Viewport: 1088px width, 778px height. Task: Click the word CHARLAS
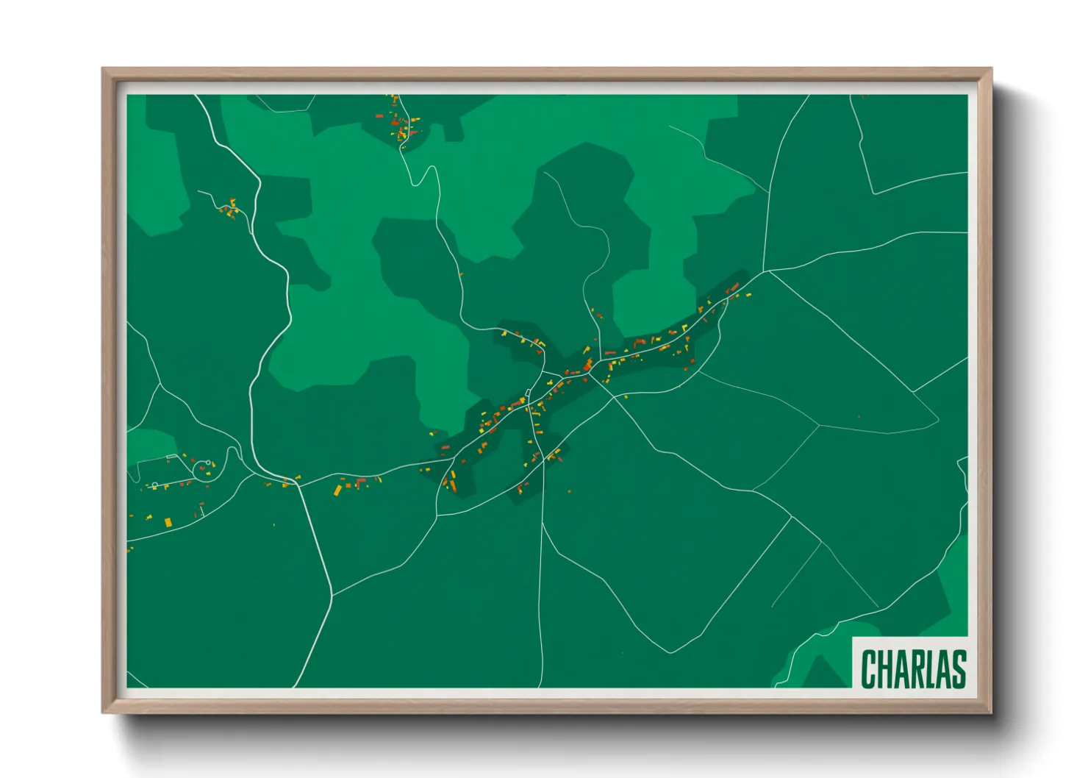[913, 668]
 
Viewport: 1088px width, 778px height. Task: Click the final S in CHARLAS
[958, 668]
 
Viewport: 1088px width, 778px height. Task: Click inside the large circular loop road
[204, 471]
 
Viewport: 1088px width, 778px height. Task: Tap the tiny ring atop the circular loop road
[209, 463]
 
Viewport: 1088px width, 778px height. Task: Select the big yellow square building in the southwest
[168, 522]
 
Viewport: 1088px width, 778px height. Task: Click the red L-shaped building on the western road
[360, 482]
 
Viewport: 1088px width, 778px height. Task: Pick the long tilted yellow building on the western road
[338, 489]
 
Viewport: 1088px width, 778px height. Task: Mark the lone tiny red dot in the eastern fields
[859, 417]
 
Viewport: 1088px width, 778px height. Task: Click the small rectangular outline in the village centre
[528, 393]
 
